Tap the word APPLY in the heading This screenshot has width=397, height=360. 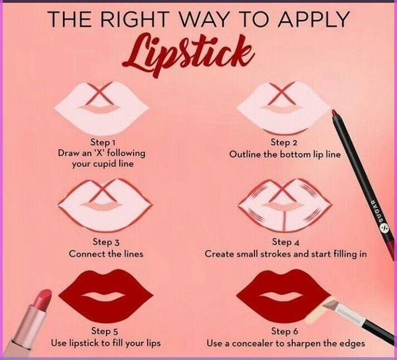pyautogui.click(x=313, y=19)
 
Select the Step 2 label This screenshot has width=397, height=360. pyautogui.click(x=284, y=142)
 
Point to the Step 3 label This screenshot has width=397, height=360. pyautogui.click(x=106, y=242)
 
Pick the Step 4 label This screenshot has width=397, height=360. pyautogui.click(x=286, y=242)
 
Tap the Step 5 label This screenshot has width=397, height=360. pyautogui.click(x=105, y=331)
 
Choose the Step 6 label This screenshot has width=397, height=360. pyautogui.click(x=285, y=331)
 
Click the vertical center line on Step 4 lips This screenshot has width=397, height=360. pyautogui.click(x=284, y=222)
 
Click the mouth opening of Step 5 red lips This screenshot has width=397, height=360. pyautogui.click(x=104, y=297)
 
